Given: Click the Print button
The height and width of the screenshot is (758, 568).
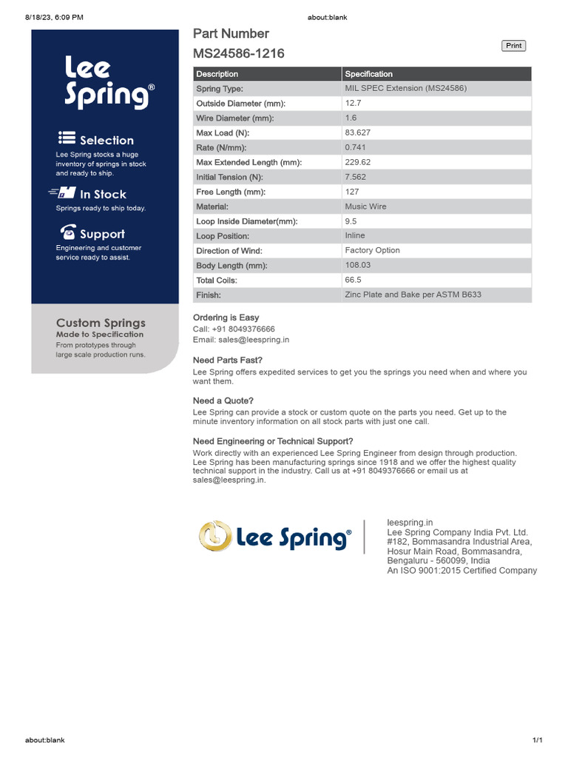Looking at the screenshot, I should [x=513, y=46].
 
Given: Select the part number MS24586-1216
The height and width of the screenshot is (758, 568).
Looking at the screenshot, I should [x=238, y=53].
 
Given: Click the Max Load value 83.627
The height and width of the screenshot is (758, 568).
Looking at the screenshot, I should [x=359, y=133].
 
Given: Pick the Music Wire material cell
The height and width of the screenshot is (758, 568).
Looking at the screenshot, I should [x=365, y=207].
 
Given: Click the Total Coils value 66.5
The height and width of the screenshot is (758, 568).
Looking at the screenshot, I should [x=353, y=281].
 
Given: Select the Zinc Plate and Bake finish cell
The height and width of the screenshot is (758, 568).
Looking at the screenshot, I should [x=413, y=295].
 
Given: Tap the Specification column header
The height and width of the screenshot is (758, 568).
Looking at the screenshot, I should [x=369, y=74].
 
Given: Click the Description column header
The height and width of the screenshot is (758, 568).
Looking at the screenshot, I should [x=217, y=74].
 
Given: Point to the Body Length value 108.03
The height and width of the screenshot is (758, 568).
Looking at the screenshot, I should [x=358, y=265].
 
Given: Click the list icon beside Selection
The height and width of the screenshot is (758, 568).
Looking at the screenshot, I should [x=67, y=138].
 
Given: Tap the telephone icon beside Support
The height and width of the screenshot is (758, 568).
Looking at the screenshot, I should [x=68, y=232].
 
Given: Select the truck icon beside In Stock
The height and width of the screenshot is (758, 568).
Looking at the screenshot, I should [x=64, y=193].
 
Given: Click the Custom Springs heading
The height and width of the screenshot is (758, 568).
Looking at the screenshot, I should [x=101, y=323].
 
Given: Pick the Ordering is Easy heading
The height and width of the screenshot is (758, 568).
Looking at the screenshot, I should [x=226, y=318].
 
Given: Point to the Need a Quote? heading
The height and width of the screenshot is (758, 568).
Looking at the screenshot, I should [x=223, y=400].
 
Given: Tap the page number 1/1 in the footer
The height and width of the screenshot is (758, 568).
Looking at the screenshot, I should [x=538, y=740].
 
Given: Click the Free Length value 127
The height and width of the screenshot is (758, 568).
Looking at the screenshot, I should [x=352, y=192].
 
